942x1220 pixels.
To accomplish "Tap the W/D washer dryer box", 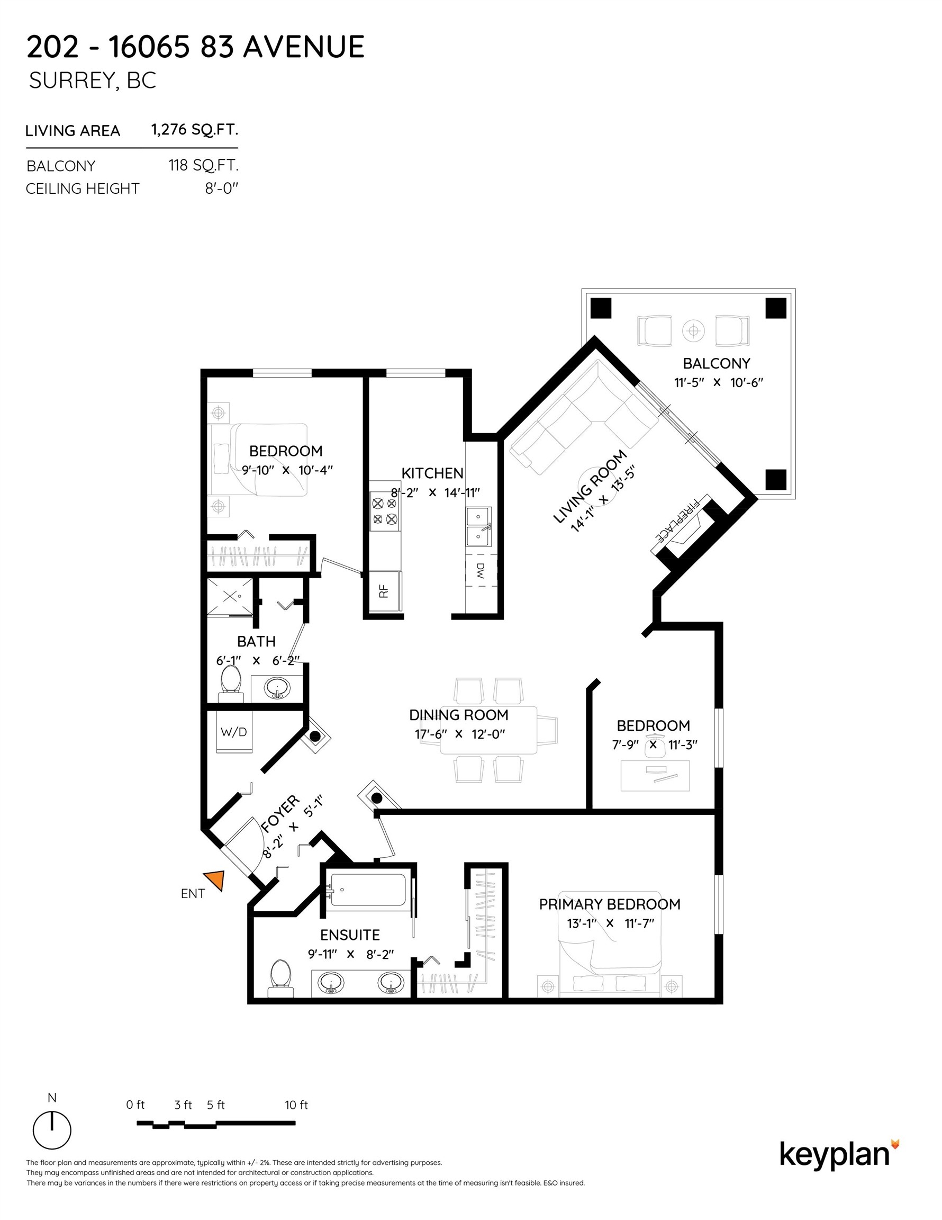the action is [234, 731].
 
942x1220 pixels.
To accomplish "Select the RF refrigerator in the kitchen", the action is [384, 591].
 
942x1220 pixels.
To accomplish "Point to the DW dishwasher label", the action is [481, 570].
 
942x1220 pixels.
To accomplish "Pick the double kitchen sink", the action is [479, 526].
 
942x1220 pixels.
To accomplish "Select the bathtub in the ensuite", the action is [368, 889].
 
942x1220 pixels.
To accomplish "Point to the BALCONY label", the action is [717, 364].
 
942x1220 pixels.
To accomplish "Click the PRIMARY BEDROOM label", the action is [610, 904].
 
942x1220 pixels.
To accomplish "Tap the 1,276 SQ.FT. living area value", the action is [195, 130].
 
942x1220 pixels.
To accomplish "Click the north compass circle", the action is [52, 1131].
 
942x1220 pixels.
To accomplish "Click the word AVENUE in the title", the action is [304, 47].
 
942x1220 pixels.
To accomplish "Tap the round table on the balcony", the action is [693, 331].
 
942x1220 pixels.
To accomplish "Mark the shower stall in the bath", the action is [230, 597].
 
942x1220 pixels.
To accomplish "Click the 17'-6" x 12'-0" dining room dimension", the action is [459, 734].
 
